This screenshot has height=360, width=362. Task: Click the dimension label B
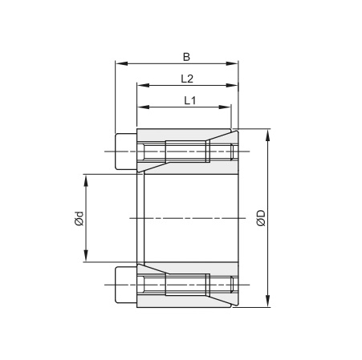[186, 56]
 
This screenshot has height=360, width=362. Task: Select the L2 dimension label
[186, 79]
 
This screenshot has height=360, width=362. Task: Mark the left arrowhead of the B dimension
[120, 63]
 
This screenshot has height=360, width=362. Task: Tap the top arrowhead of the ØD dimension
[268, 131]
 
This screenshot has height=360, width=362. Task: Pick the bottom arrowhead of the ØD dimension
[268, 303]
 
